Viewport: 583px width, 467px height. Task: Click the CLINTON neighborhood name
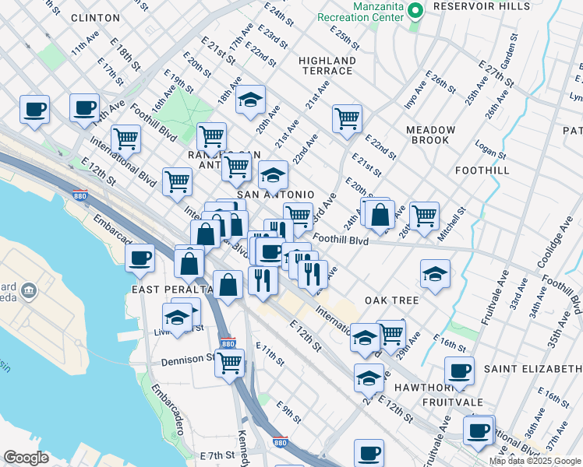coord(94,17)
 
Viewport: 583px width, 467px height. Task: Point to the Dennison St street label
coord(187,361)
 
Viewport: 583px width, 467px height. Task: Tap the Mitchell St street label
coord(451,223)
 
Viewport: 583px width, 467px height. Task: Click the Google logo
coord(26,457)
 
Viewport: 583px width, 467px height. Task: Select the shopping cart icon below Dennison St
coord(230,361)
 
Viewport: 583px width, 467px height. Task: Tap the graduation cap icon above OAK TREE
coord(435,272)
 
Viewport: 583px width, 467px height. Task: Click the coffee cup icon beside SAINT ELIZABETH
coord(459,370)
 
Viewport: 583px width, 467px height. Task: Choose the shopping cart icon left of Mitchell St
coord(425,215)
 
